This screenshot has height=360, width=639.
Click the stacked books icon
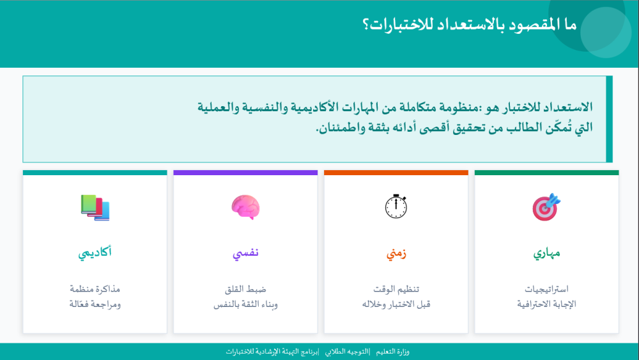(95, 207)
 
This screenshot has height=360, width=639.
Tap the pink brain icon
(245, 207)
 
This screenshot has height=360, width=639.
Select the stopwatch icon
(396, 206)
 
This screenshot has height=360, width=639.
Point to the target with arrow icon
(546, 207)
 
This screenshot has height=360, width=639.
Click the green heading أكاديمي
(95, 253)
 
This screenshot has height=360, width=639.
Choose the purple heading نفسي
(245, 253)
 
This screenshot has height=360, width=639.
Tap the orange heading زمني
(396, 253)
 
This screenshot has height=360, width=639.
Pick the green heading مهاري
(547, 253)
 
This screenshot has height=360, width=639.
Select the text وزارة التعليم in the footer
(394, 352)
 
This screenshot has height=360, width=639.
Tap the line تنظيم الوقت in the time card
(396, 289)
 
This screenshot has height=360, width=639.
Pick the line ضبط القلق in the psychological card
(245, 289)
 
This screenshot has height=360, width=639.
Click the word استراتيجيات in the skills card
(547, 289)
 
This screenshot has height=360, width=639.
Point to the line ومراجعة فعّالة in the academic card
(95, 304)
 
